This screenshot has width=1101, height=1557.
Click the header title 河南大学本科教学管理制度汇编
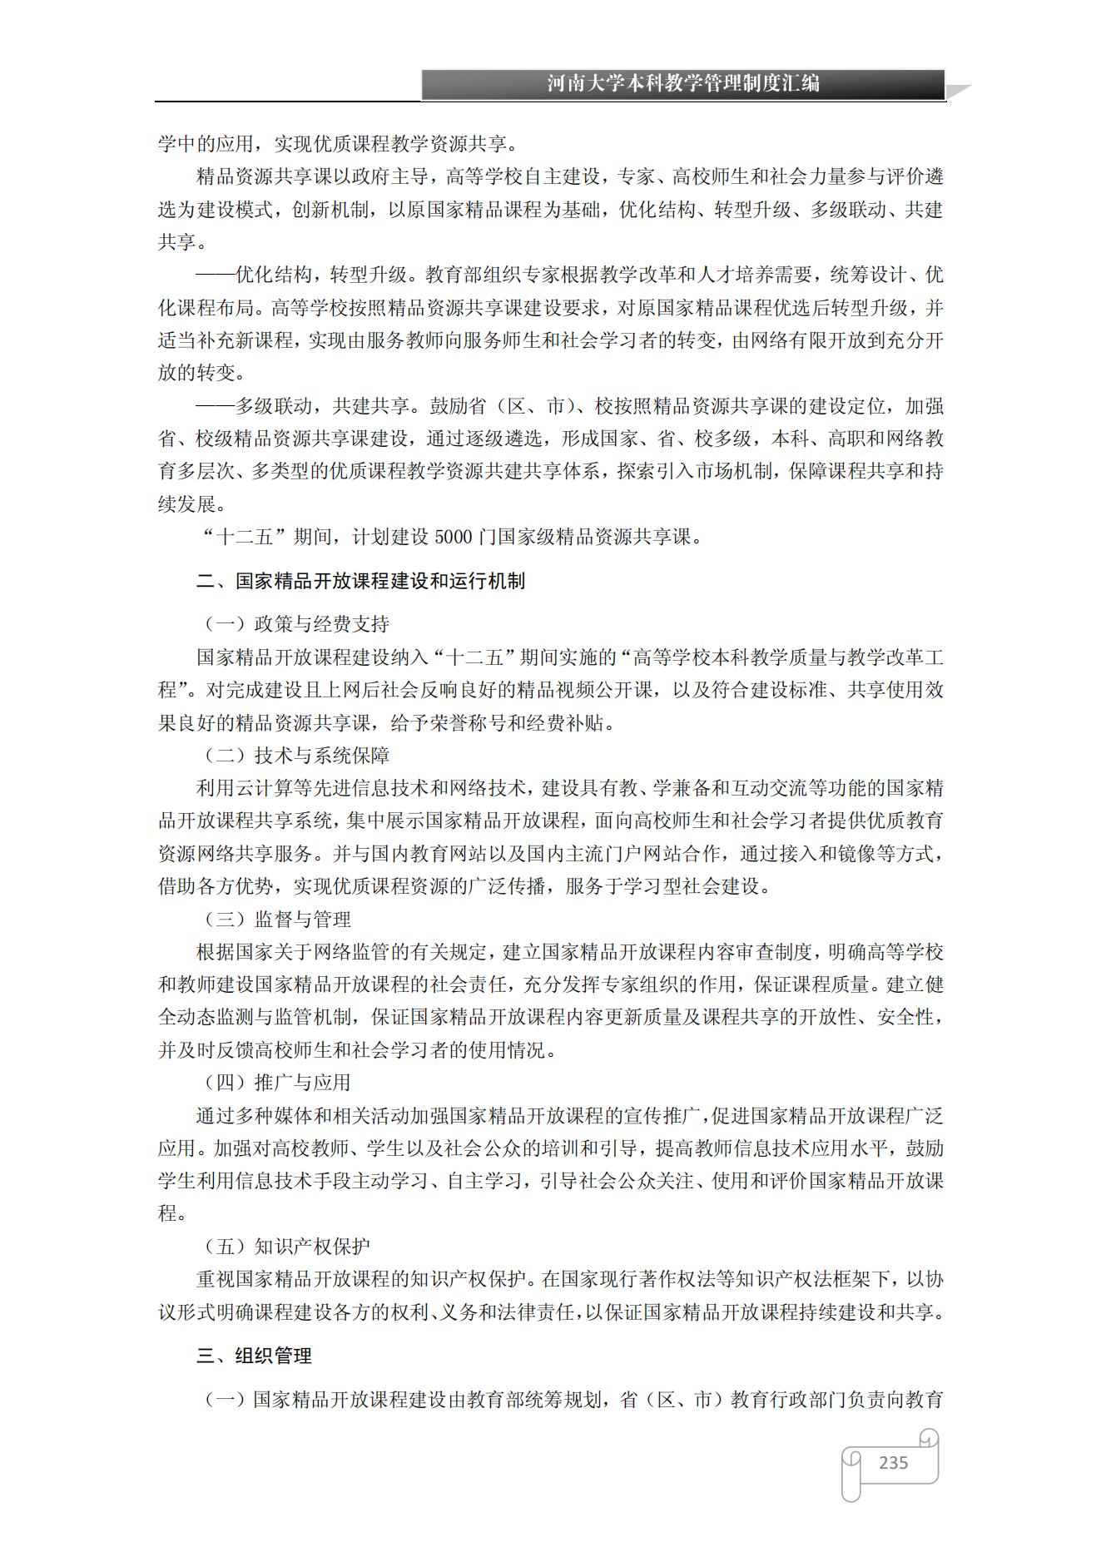[683, 84]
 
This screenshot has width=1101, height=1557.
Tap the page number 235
[893, 1462]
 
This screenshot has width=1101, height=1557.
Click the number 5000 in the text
[453, 538]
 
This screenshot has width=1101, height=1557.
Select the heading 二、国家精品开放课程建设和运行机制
[360, 581]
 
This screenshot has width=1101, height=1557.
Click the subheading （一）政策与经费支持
[296, 624]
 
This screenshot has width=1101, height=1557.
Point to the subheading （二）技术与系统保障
[296, 756]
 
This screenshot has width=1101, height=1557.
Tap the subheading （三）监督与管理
[277, 920]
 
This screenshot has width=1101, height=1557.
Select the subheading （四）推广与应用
[277, 1083]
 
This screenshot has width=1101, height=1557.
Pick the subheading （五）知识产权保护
[287, 1247]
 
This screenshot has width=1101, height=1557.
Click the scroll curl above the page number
[929, 1437]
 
